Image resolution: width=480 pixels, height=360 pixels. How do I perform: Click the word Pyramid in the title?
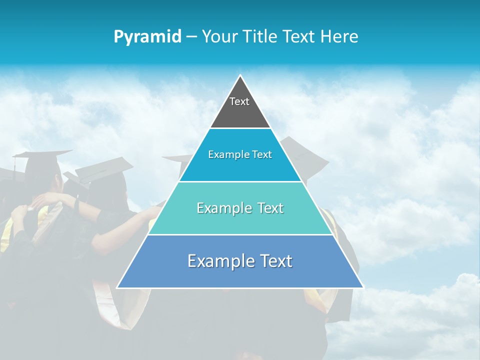click(147, 37)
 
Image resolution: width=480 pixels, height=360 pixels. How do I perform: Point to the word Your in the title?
click(218, 36)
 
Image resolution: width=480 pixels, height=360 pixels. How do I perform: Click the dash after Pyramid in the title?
click(191, 37)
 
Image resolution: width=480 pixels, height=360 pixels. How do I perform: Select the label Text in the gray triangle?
click(239, 101)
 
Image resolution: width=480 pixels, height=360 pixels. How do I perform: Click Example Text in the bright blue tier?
click(240, 154)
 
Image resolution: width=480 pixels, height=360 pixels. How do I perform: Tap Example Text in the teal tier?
click(240, 208)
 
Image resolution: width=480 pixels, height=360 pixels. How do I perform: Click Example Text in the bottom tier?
click(240, 261)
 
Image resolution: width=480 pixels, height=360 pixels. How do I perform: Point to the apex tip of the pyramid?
click(240, 76)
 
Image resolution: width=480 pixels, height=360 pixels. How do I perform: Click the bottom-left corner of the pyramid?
click(118, 287)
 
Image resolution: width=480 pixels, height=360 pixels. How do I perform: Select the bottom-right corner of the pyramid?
click(362, 287)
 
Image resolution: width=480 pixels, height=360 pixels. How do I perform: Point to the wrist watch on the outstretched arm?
click(77, 203)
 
